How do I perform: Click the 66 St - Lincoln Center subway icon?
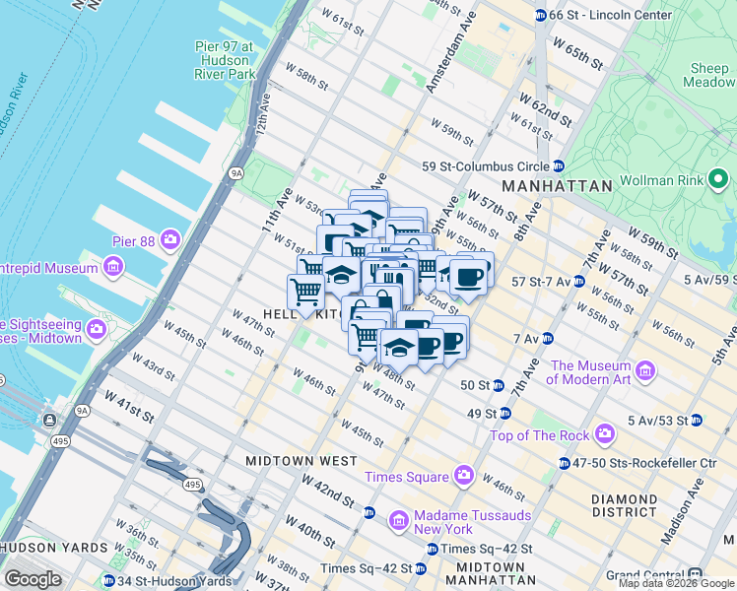click(540, 16)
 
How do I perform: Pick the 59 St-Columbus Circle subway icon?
click(558, 166)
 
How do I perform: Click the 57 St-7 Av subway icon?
click(579, 282)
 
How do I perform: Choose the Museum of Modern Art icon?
click(645, 371)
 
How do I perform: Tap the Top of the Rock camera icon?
click(604, 434)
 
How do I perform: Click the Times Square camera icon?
click(463, 478)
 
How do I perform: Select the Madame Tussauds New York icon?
click(399, 519)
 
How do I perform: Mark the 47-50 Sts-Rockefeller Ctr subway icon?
click(564, 463)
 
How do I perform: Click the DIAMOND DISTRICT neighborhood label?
click(624, 506)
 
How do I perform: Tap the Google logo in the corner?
click(32, 579)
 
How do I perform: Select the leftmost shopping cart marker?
click(306, 292)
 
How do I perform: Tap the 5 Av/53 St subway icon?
click(697, 421)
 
